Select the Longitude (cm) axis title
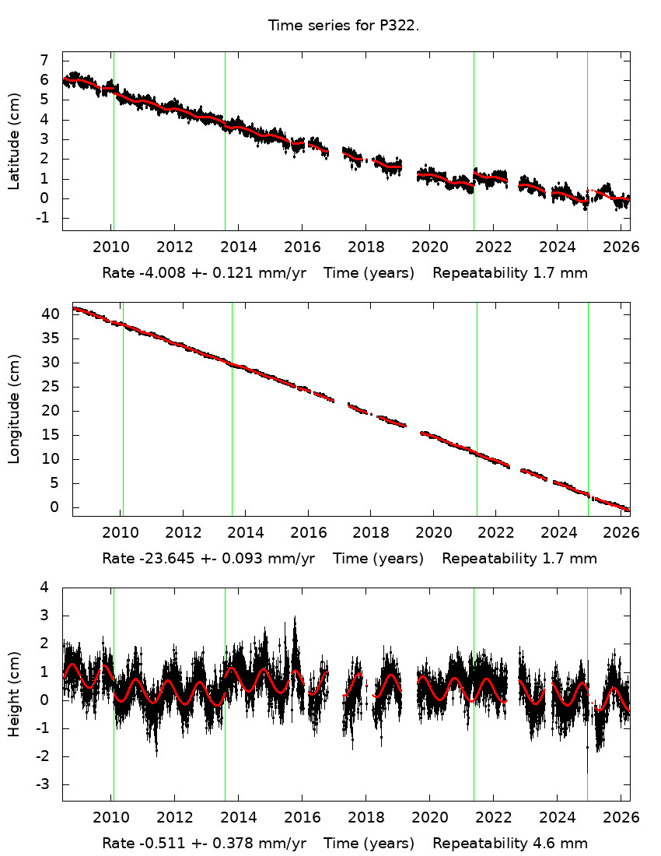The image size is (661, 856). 14,409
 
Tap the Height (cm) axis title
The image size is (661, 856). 14,695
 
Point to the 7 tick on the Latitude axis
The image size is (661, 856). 44,61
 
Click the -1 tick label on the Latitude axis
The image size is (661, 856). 42,218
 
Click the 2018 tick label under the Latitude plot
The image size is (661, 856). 365,247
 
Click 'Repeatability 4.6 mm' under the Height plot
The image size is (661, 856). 510,844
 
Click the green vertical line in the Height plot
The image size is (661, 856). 114,739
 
